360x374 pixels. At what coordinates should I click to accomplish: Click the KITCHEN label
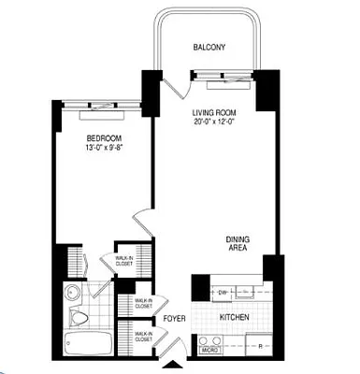point(233,318)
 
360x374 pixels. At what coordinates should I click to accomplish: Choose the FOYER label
point(175,319)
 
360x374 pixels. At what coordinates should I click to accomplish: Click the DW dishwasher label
point(222,291)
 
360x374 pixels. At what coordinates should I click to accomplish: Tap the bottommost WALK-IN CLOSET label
point(144,337)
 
